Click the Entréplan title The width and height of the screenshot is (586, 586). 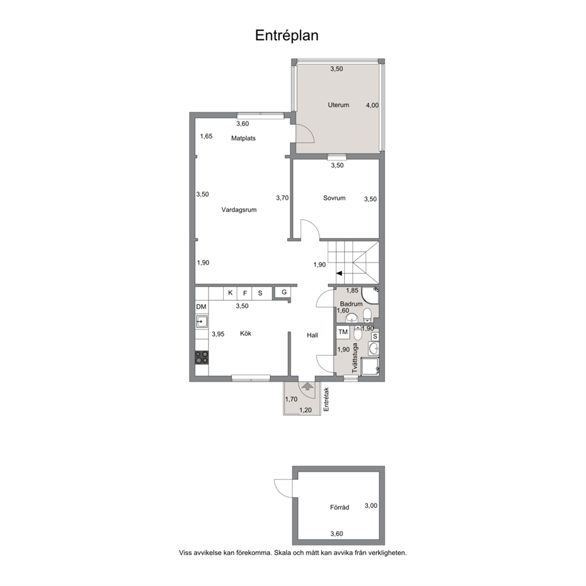[x=287, y=35]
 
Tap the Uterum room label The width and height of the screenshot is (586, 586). [x=338, y=105]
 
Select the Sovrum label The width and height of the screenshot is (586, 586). [x=334, y=198]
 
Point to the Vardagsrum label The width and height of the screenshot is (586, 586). [x=239, y=210]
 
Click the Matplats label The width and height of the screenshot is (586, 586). [x=243, y=138]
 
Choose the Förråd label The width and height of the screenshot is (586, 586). [x=339, y=507]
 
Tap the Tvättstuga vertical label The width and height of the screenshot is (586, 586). [x=355, y=358]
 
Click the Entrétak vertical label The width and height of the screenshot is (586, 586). [x=326, y=399]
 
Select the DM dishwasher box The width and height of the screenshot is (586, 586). [x=201, y=307]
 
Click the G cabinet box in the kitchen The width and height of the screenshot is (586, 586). [x=284, y=292]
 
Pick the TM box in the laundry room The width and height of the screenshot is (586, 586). [x=343, y=332]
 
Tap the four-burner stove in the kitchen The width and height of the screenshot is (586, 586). [x=202, y=357]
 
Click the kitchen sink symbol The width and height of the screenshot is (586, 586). [x=202, y=321]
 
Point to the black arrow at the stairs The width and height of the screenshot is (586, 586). [x=339, y=274]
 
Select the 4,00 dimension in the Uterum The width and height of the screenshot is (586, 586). [x=372, y=105]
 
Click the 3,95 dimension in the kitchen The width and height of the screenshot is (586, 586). [x=218, y=334]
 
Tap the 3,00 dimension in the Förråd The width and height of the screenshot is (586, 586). [x=371, y=506]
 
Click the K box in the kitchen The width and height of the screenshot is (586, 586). [x=230, y=292]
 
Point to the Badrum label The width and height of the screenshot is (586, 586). [x=351, y=304]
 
